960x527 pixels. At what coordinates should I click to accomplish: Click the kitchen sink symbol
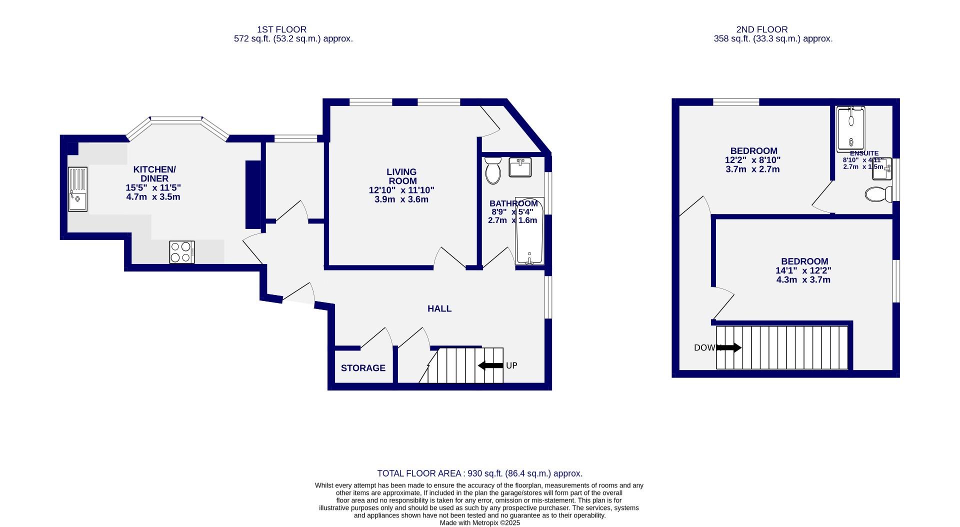tap(77, 189)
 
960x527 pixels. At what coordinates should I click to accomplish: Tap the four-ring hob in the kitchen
tap(182, 252)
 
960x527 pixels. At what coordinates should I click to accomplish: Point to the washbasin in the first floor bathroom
tap(520, 167)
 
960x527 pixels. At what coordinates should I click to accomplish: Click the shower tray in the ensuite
tap(851, 129)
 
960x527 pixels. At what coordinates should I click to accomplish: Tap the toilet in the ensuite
tap(878, 194)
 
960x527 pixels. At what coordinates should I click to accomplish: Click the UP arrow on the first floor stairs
tap(490, 365)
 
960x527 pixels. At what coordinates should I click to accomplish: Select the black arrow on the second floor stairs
tap(729, 347)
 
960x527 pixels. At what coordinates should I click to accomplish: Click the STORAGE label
tap(363, 368)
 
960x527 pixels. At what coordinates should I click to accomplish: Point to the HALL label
tap(439, 309)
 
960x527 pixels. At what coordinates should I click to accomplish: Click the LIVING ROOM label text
tap(401, 176)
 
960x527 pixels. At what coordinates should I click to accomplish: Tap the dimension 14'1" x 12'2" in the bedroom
tap(803, 270)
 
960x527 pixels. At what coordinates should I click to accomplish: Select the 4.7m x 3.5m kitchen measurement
tap(153, 197)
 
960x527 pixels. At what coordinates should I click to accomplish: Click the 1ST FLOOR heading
tap(281, 29)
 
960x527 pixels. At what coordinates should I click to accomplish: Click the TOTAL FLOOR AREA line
tap(479, 473)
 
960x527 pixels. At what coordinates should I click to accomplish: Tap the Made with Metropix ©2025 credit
tap(479, 523)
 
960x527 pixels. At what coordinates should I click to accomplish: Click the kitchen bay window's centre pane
tap(176, 119)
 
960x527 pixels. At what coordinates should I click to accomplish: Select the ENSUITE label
tap(864, 153)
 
